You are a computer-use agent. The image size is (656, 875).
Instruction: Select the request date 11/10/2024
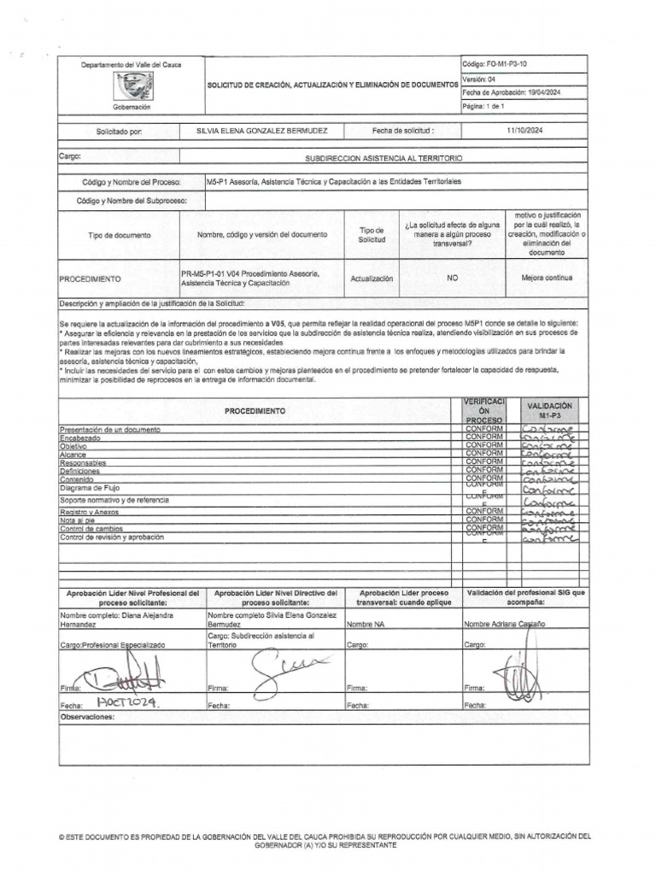click(x=524, y=131)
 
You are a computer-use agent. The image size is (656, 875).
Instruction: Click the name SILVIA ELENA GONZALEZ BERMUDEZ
click(x=261, y=131)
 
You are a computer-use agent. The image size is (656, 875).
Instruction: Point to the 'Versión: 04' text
click(x=480, y=79)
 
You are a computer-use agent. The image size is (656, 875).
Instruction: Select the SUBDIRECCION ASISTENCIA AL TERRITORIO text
click(x=384, y=158)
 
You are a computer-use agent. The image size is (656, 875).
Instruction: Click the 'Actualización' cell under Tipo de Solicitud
click(x=372, y=279)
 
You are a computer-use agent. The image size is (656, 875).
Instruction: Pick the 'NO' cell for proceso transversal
click(x=452, y=279)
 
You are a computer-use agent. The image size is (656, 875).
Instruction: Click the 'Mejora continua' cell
click(x=547, y=279)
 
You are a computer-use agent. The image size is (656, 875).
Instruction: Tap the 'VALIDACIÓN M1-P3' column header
click(x=549, y=410)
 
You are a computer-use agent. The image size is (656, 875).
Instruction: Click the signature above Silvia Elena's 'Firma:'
click(x=284, y=664)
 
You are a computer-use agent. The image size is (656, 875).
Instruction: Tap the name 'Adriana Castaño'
click(x=516, y=625)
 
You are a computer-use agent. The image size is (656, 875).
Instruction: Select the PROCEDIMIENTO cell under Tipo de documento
click(x=90, y=279)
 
